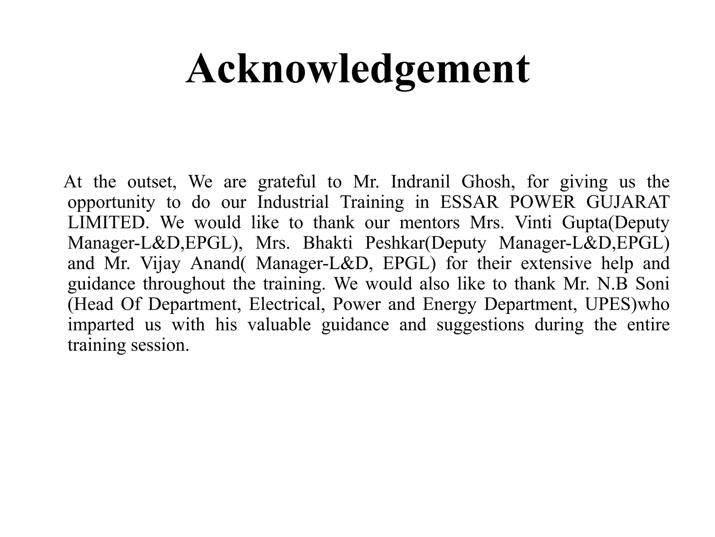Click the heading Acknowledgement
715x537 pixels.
tap(357, 69)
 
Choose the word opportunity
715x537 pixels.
tap(111, 203)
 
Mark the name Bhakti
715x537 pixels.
tap(327, 243)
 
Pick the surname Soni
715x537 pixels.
tap(652, 284)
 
